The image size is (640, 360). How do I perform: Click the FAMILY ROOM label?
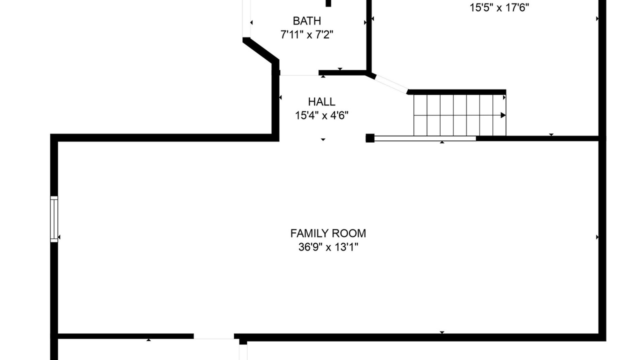[328, 233]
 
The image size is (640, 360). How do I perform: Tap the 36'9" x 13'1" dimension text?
[328, 247]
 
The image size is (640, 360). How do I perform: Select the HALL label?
[321, 101]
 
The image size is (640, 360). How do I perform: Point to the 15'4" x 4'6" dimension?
[321, 115]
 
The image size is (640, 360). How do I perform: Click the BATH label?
[307, 21]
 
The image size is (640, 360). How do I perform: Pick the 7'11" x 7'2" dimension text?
[307, 35]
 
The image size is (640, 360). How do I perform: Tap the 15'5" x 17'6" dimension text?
[499, 7]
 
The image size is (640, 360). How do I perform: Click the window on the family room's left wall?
[54, 219]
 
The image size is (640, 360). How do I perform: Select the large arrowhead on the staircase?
[503, 115]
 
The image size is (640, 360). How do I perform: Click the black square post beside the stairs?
[370, 138]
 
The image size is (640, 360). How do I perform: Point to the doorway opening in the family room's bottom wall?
[214, 336]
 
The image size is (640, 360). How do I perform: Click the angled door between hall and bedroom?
[391, 83]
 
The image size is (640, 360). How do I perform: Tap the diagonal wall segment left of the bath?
[260, 50]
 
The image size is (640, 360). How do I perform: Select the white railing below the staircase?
[425, 138]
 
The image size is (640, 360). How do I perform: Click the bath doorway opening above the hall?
[299, 73]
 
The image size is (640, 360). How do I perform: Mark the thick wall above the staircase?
[456, 92]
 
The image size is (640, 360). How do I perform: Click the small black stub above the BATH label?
[328, 3]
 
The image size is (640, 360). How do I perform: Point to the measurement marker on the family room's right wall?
[597, 237]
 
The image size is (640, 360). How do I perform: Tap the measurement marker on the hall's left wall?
[280, 97]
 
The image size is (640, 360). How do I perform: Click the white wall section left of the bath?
[246, 18]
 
